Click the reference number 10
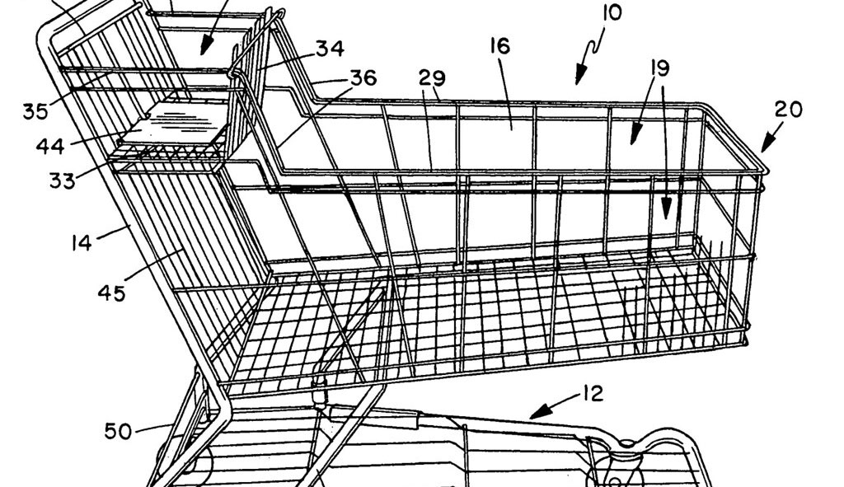(x=612, y=12)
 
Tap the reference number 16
(x=500, y=46)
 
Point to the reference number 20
(x=788, y=110)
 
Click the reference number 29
(x=432, y=78)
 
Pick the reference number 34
(x=329, y=49)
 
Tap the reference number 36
(x=363, y=78)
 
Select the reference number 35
(x=35, y=111)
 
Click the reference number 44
(x=51, y=148)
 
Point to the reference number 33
(x=63, y=179)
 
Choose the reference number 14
(x=81, y=242)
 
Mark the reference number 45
(x=111, y=291)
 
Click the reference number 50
(x=119, y=431)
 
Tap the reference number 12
(x=592, y=394)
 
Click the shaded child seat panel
(x=177, y=124)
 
